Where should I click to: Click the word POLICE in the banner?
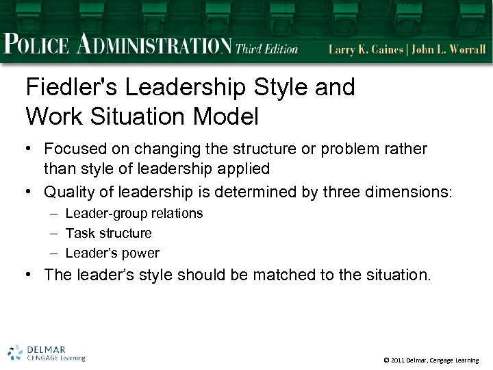[x=36, y=47]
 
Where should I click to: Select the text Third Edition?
[x=267, y=49]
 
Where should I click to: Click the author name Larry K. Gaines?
[x=365, y=49]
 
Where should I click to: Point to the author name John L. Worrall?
[x=449, y=49]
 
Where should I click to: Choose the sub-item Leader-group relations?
[x=134, y=213]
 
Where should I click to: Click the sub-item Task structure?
[x=108, y=233]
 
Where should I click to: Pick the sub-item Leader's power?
[x=112, y=254]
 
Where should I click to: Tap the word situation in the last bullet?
[x=396, y=275]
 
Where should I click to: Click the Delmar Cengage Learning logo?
[x=47, y=351]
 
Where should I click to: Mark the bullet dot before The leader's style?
[x=30, y=275]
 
